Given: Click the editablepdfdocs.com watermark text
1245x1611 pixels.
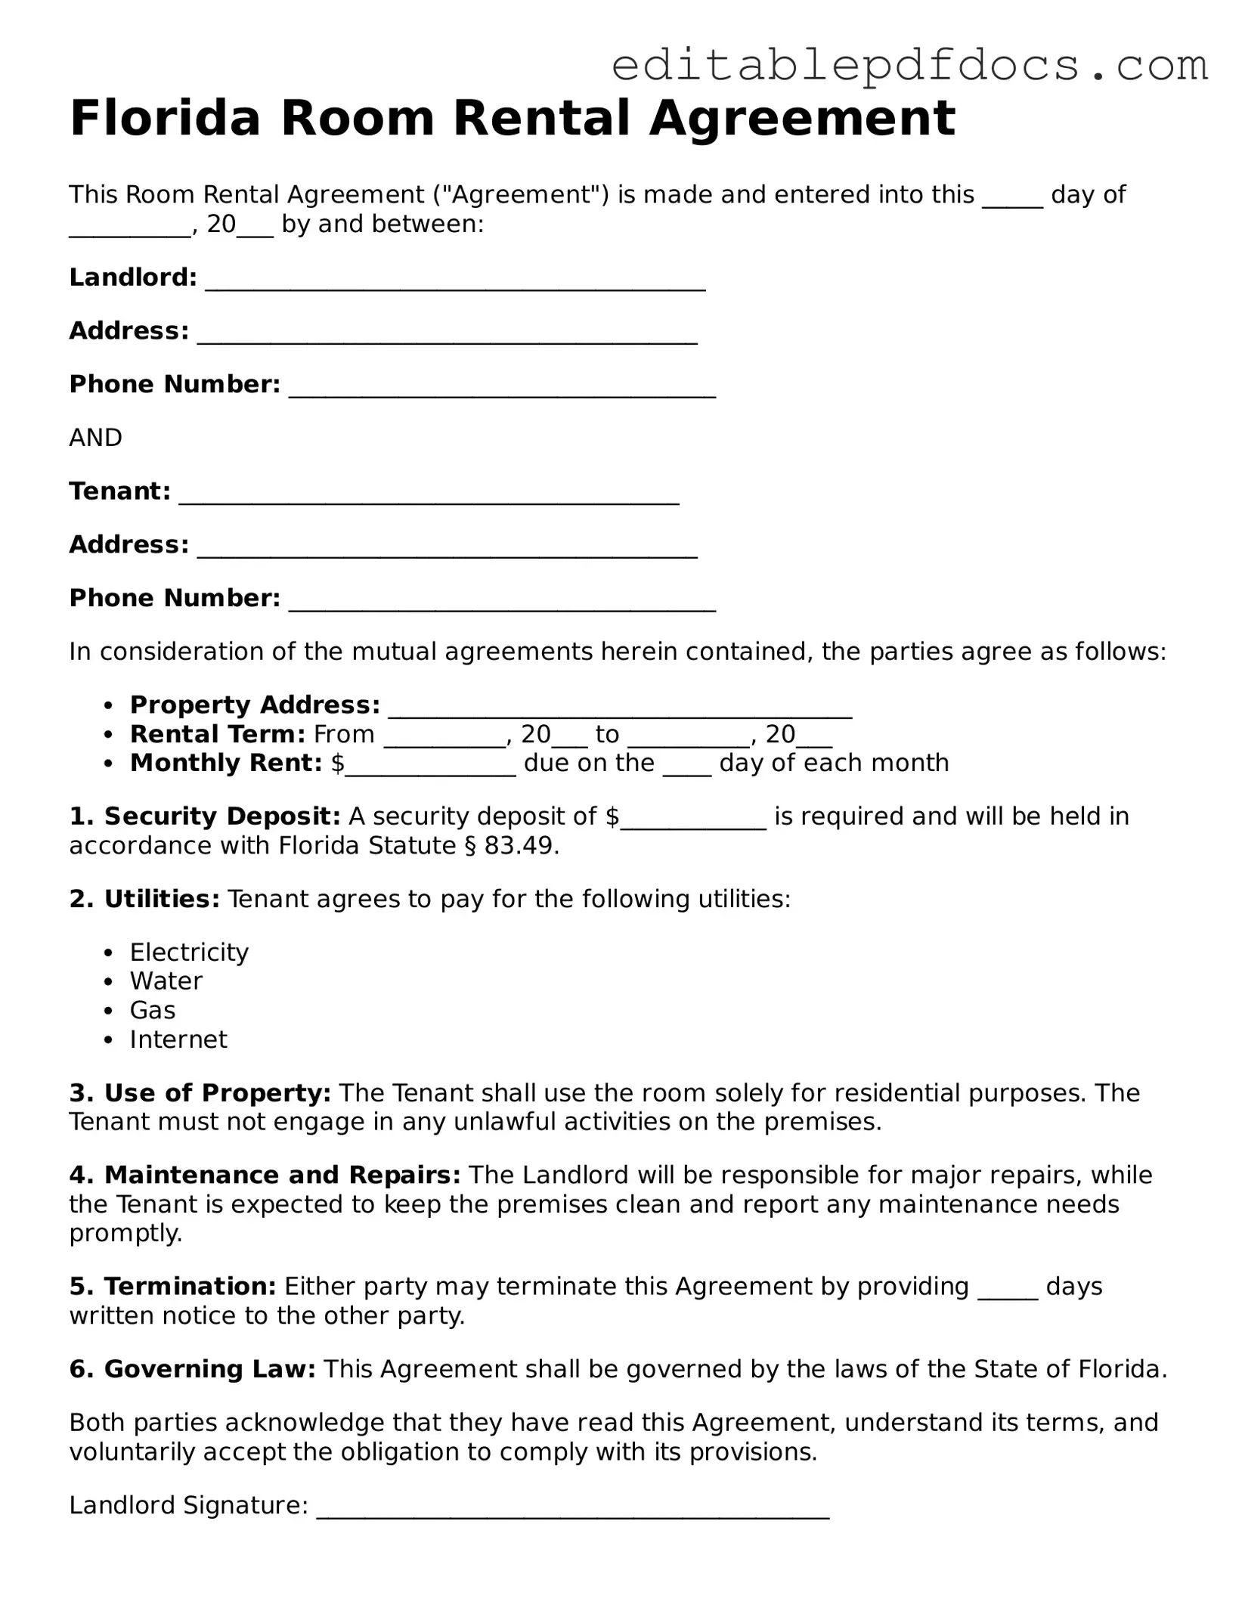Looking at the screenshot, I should click(x=909, y=66).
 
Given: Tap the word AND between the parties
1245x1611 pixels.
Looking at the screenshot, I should click(x=95, y=438).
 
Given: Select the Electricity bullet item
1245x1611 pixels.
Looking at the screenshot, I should click(x=189, y=952).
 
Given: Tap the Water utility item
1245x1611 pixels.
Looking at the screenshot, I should click(x=166, y=981).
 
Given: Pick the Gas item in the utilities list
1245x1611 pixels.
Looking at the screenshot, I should click(x=153, y=1011).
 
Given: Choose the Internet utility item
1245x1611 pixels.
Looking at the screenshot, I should click(x=178, y=1039).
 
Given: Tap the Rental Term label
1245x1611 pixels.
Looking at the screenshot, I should click(x=217, y=734).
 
